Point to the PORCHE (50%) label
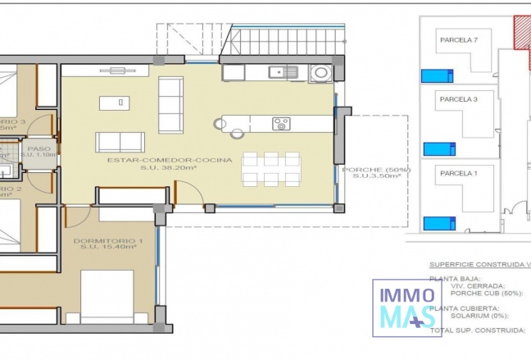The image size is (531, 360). pos(376,170)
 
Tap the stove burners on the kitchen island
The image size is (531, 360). pos(281,124)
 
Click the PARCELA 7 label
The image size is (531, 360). pos(459,39)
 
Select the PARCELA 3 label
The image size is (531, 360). pos(458,98)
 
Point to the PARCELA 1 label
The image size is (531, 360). pos(458,174)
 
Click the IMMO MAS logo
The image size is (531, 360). pos(407,308)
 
